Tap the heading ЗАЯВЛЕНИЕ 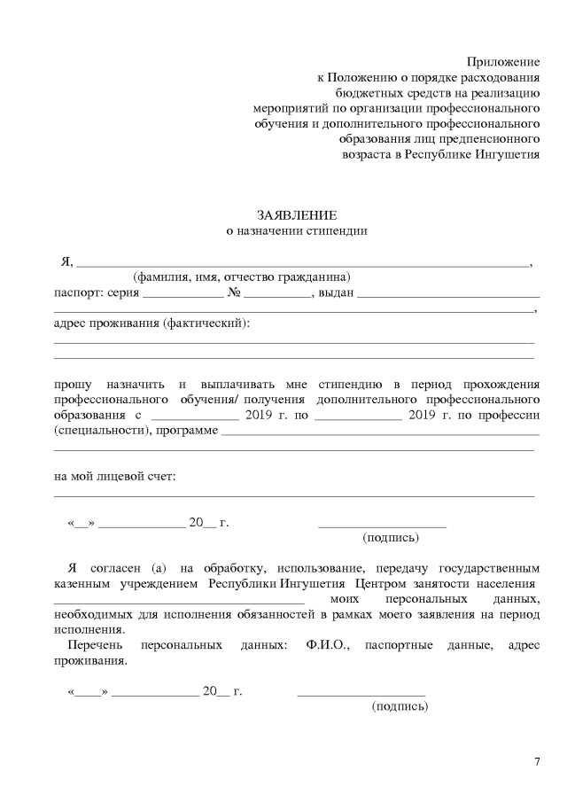(297, 215)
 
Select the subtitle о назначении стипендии (297, 230)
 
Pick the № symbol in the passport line (235, 292)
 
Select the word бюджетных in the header (365, 92)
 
